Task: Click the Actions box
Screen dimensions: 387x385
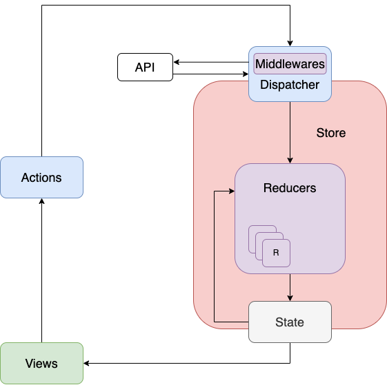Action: click(41, 177)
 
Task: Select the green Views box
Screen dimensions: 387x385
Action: click(41, 363)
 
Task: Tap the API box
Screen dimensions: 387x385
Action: click(145, 67)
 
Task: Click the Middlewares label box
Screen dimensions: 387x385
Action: click(290, 63)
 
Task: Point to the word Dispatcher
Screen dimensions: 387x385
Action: click(290, 85)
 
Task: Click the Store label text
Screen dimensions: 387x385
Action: click(331, 133)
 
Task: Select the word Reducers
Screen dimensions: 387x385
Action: click(290, 188)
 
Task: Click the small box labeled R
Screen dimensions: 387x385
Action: click(276, 253)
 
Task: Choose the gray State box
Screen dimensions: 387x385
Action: click(290, 322)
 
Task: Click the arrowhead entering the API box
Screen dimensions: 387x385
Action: click(176, 62)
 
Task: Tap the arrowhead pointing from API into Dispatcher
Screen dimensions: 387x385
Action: click(246, 74)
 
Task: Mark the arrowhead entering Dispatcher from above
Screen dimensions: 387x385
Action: click(290, 43)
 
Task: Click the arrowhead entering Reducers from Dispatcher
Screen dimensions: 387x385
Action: click(290, 160)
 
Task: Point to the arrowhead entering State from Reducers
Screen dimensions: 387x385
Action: click(290, 298)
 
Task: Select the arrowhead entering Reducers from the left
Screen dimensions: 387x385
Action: click(232, 191)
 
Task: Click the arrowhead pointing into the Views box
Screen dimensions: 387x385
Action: click(87, 363)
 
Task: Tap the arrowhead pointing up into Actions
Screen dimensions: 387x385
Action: click(41, 201)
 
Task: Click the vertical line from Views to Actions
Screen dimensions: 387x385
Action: click(41, 271)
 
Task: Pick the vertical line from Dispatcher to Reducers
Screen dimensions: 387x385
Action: click(290, 132)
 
